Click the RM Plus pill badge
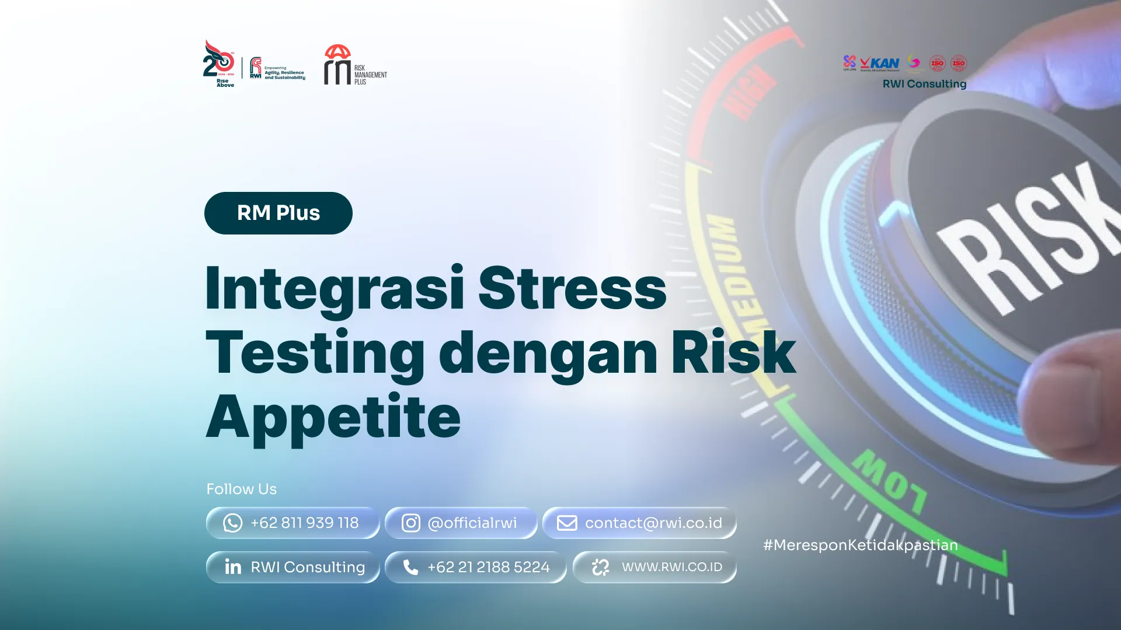(x=278, y=213)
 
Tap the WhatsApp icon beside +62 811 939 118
(x=232, y=523)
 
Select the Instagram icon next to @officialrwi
(x=410, y=523)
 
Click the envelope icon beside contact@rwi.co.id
(x=566, y=523)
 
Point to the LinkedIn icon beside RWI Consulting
(x=233, y=567)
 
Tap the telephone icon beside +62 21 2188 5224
(x=410, y=567)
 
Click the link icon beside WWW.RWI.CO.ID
(x=600, y=567)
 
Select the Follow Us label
(x=241, y=489)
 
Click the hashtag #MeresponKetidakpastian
(x=860, y=545)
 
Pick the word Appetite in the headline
(x=333, y=416)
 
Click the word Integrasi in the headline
(x=335, y=289)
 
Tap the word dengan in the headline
(x=548, y=352)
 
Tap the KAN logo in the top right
(x=880, y=63)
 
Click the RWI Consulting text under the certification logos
(x=924, y=84)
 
